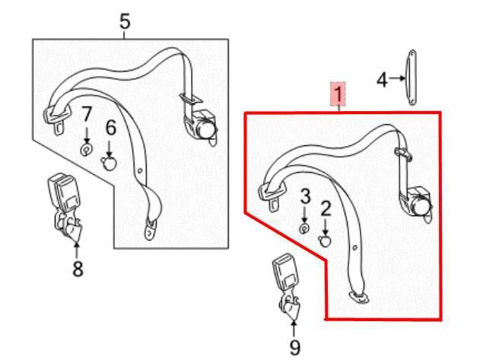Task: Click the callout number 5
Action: pos(125,21)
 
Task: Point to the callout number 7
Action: pos(87,115)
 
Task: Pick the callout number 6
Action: pos(110,127)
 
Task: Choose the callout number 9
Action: pos(295,348)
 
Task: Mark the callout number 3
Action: pos(305,197)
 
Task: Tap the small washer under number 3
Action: pos(304,228)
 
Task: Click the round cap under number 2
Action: pos(326,241)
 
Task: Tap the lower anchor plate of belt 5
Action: pos(151,226)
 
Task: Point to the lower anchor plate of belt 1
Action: pos(357,295)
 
